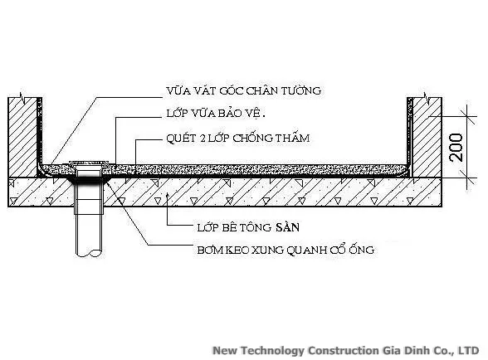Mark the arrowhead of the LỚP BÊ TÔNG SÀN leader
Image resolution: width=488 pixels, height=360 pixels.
(167, 196)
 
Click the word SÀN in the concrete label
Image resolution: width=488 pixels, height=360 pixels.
(286, 226)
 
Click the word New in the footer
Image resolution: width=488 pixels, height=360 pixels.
(226, 350)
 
